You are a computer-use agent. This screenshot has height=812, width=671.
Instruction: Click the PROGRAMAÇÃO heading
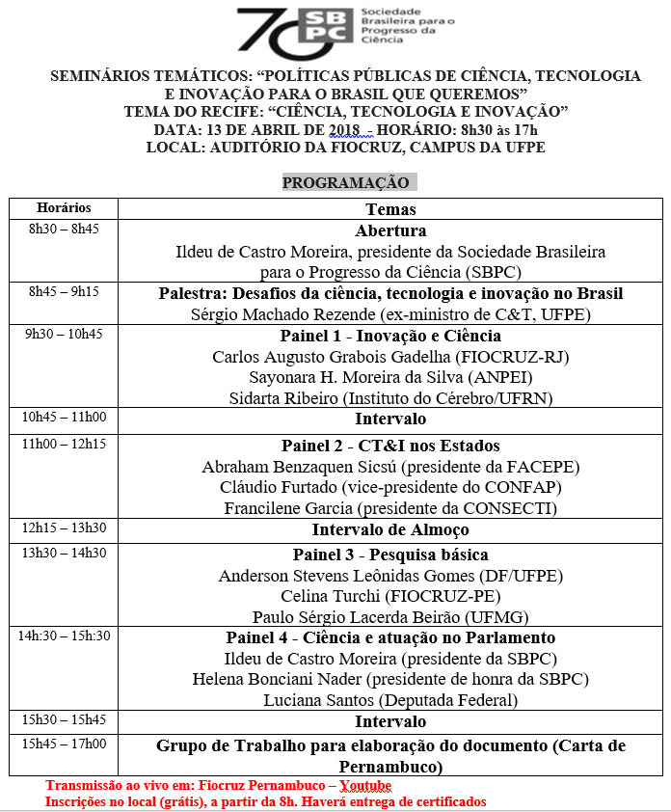pos(345,183)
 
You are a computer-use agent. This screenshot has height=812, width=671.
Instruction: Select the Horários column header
pos(64,208)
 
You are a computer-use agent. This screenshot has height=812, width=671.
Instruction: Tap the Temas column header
pos(390,209)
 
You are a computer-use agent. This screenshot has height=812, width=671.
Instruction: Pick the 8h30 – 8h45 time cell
pos(64,230)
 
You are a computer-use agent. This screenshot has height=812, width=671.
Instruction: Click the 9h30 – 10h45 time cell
pos(64,335)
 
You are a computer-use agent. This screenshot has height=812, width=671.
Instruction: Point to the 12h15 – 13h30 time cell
pos(64,528)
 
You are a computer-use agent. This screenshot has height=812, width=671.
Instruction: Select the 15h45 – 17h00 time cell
pos(64,744)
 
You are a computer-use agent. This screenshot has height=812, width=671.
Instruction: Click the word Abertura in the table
pos(390,231)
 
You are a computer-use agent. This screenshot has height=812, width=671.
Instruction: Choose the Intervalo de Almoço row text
pos(390,530)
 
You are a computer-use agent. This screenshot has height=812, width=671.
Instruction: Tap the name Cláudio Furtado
pos(276,487)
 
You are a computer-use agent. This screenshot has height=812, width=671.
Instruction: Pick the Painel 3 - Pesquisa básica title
pos(390,555)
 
